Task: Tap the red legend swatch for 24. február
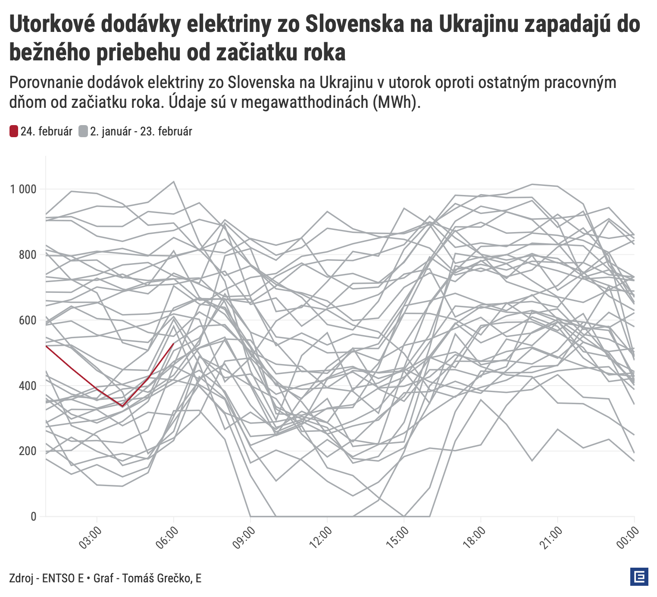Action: [x=14, y=131]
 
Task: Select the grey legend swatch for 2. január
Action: [x=83, y=131]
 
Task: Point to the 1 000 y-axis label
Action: [x=23, y=189]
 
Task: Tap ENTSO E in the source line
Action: [x=63, y=578]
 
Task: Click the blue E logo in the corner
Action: [x=639, y=577]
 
